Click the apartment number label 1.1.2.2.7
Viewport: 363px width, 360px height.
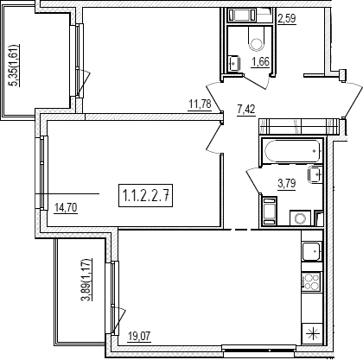145,195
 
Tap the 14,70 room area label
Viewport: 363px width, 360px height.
66,207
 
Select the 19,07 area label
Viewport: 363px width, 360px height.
139,336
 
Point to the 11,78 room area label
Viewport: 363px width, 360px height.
200,104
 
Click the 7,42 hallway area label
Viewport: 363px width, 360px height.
246,110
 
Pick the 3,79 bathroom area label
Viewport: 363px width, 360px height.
287,183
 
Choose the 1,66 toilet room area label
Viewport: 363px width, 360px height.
260,62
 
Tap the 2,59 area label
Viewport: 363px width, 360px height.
287,19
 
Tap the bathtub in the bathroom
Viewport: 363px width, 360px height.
293,151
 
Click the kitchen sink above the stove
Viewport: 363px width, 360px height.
311,251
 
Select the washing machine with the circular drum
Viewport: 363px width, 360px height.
300,218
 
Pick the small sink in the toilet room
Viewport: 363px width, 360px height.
234,63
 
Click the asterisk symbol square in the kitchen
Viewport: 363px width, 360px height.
312,334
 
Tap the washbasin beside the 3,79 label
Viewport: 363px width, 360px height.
315,174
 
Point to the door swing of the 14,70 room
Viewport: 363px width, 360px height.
214,138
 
